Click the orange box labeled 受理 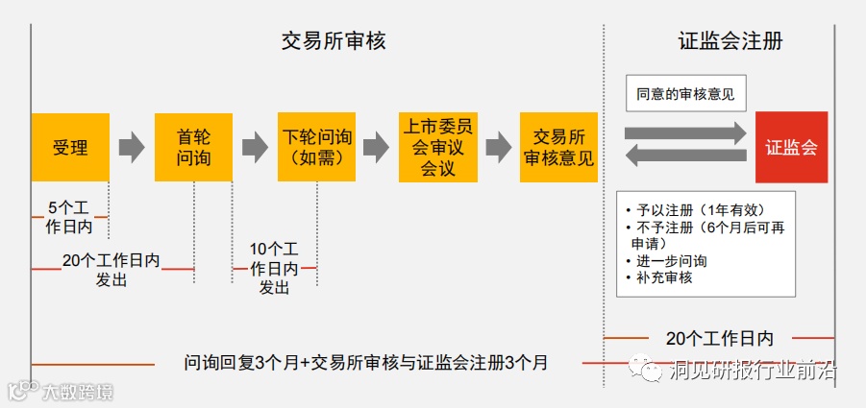point(69,147)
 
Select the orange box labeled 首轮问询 point(193,147)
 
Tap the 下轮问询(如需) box point(316,147)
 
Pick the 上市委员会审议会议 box point(438,147)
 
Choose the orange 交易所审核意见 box point(558,147)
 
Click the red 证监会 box point(791,147)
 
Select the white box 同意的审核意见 point(685,94)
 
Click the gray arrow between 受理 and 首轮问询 point(132,147)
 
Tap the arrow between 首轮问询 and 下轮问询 point(255,147)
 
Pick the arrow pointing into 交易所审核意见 point(498,147)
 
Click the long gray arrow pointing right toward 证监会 point(685,132)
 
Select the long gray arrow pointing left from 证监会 point(685,156)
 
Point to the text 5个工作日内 point(69,217)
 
